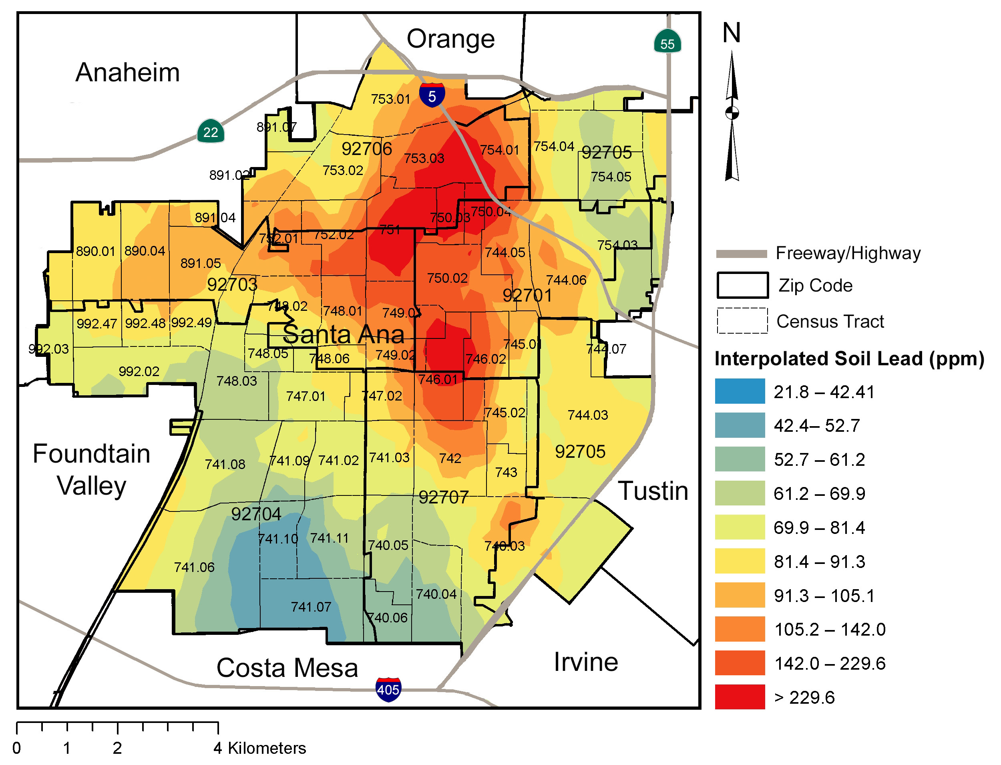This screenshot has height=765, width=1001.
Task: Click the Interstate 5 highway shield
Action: coord(432,96)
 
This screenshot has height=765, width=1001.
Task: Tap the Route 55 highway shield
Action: coord(667,42)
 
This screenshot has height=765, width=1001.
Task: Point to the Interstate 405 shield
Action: coord(388,689)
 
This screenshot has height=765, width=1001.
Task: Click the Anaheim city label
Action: coord(127,73)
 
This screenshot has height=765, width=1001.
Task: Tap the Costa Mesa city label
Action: coord(287,668)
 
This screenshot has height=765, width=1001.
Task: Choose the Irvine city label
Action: coord(585,662)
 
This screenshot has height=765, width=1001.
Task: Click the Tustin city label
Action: coord(653,491)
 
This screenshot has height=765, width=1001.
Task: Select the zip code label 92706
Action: coord(366,149)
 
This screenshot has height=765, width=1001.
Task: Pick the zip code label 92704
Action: coord(256,514)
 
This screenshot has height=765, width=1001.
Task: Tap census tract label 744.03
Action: coord(587,415)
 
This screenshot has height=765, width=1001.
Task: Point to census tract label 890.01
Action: coord(95,251)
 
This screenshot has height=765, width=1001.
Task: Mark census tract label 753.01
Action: coord(390,99)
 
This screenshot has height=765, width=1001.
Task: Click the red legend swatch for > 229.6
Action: coord(739,696)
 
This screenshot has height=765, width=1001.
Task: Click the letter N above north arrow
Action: coord(731,33)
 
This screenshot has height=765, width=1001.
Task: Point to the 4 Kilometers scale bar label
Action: coord(259,748)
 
